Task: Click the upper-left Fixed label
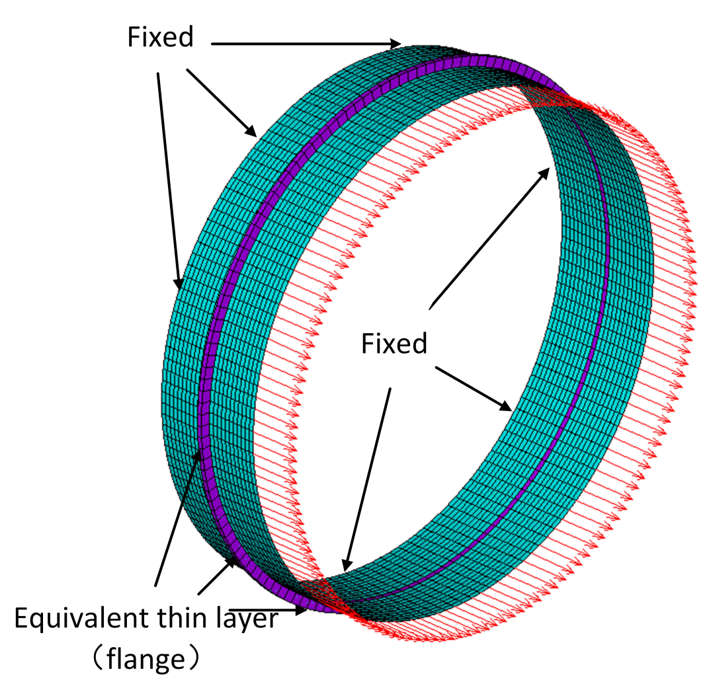161,38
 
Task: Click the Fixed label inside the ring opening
394,344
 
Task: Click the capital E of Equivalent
22,620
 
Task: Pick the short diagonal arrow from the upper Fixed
222,102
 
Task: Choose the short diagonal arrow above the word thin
218,574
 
